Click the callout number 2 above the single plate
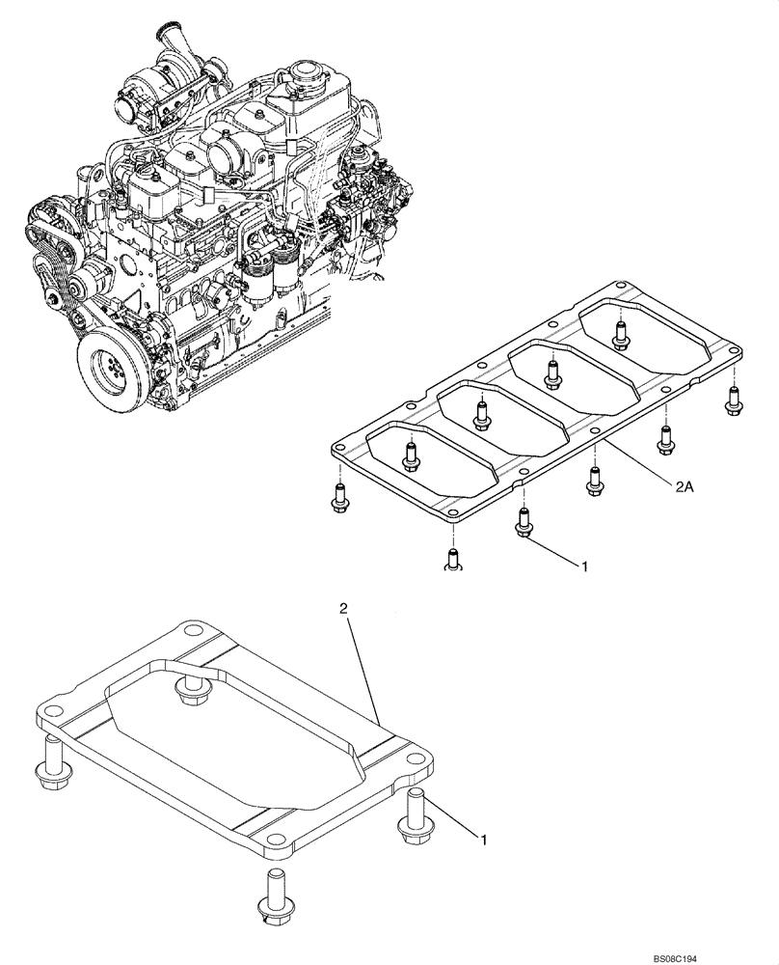343,609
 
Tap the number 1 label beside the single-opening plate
484,841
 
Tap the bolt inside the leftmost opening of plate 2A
412,454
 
